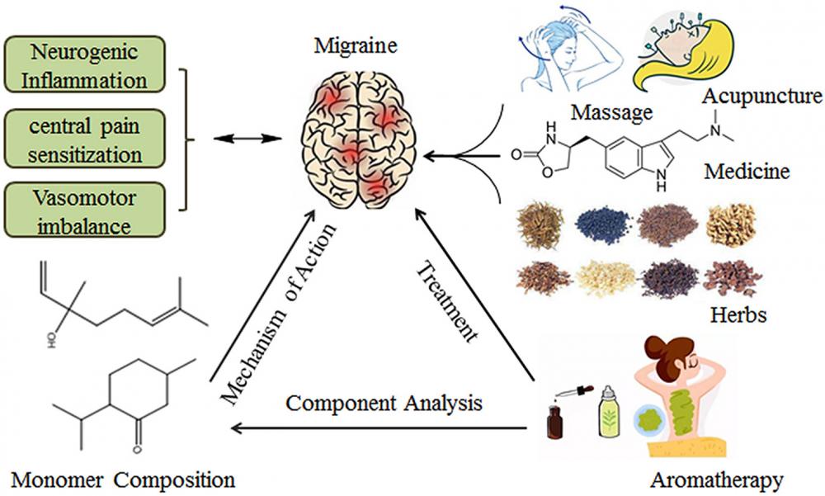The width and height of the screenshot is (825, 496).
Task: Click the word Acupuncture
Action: click(x=761, y=98)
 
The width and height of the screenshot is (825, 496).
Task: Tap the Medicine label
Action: click(x=747, y=172)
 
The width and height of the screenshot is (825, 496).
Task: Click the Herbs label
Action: click(x=738, y=314)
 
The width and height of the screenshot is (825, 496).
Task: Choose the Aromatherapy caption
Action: click(x=713, y=478)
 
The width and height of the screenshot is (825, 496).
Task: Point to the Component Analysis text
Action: click(x=384, y=404)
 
